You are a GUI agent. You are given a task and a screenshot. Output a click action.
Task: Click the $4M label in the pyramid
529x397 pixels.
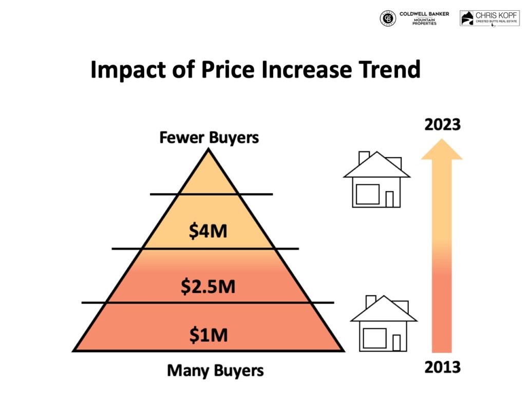click(x=208, y=232)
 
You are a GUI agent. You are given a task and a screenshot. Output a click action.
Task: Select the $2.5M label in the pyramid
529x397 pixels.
click(x=208, y=287)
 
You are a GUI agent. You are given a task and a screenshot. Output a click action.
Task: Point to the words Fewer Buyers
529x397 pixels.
click(x=209, y=138)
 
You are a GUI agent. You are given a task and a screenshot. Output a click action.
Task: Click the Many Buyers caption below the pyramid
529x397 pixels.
click(x=215, y=370)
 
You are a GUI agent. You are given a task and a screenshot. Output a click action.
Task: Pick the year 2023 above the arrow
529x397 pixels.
click(x=442, y=125)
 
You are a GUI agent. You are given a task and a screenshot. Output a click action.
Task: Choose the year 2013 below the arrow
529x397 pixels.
click(x=442, y=368)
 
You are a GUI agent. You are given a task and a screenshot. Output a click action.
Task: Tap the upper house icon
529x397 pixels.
click(x=376, y=180)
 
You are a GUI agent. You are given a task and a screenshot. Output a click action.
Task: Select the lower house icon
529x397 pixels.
click(x=384, y=324)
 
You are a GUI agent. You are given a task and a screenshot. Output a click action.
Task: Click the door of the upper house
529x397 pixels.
click(x=389, y=199)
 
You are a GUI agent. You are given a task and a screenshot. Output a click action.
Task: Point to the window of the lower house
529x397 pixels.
click(x=374, y=337)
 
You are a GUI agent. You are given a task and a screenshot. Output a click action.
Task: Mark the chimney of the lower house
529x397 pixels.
click(x=371, y=301)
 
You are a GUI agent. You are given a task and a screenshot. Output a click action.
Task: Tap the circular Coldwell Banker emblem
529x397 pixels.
click(x=388, y=18)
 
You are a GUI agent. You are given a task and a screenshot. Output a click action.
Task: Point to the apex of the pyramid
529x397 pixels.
click(x=208, y=150)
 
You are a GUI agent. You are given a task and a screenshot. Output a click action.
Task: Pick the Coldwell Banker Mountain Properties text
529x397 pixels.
click(x=424, y=18)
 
